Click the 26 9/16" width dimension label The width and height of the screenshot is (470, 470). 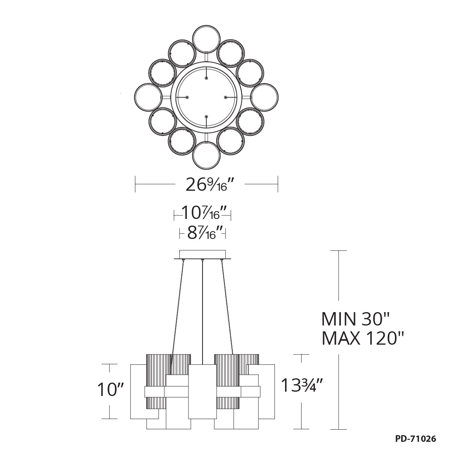point(206,184)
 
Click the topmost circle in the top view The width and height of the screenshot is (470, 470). point(206,39)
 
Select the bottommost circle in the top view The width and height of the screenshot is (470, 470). point(206,156)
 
